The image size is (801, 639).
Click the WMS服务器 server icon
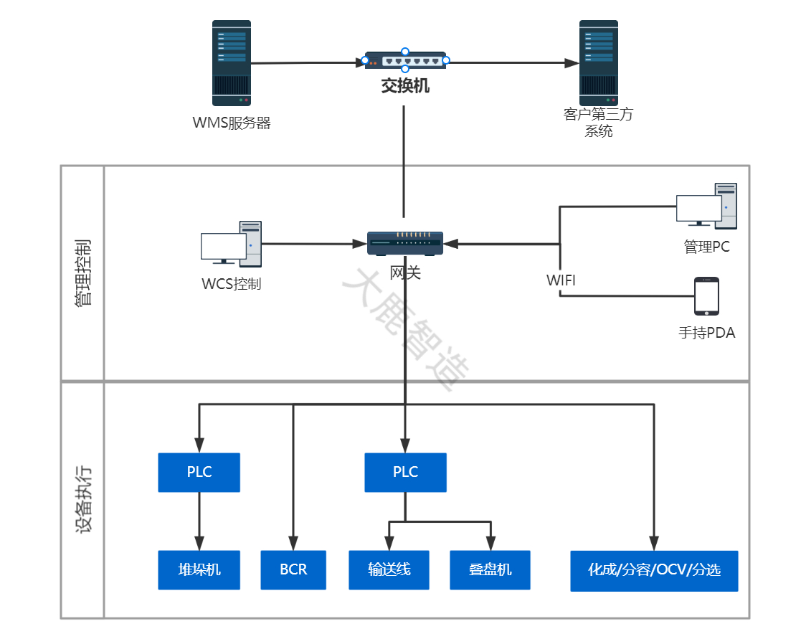coord(232,63)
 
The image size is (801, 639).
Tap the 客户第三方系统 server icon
coord(598,63)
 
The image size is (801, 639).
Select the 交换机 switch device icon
coord(405,60)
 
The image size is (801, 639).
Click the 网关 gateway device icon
coord(405,243)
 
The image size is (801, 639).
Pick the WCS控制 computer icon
coord(232,244)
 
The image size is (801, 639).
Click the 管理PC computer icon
coord(706,206)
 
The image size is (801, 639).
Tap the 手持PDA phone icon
coord(706,296)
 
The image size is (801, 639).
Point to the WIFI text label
coord(560,280)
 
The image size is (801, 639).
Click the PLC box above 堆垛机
coord(199,473)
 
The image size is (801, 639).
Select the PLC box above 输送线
coord(406,473)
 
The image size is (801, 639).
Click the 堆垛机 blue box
coord(199,570)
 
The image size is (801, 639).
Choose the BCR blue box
coord(293,570)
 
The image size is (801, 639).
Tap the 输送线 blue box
coord(389,570)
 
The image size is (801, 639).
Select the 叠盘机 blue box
coord(490,570)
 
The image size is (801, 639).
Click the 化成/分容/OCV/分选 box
coord(654,571)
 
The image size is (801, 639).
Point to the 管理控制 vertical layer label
coord(82,273)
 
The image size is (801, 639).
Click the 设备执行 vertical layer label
coord(82,500)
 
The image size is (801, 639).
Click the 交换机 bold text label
coord(405,86)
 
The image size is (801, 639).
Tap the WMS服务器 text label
coord(232,123)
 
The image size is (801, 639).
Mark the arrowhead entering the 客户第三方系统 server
coord(572,63)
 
